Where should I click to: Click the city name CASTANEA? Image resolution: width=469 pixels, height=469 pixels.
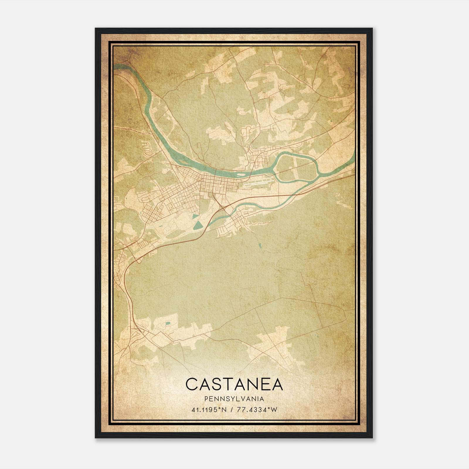234,384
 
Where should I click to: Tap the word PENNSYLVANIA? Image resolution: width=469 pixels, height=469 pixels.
234,399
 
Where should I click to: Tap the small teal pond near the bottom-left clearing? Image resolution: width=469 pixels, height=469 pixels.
167,324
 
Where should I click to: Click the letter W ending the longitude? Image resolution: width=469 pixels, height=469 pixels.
274,410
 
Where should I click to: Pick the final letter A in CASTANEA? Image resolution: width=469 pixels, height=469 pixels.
276,384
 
